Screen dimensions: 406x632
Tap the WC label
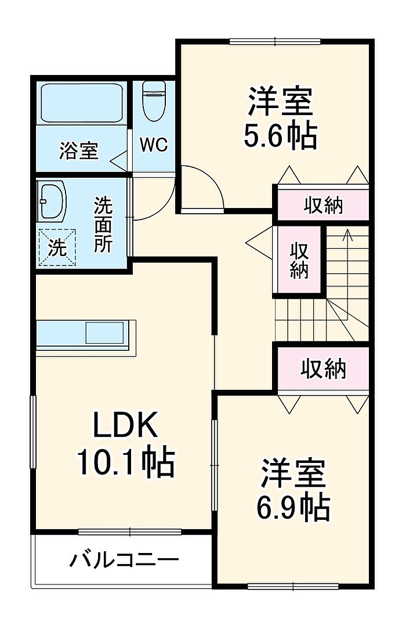[x=154, y=145]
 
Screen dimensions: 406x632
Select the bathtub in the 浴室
[x=82, y=103]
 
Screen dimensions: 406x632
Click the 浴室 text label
[x=79, y=150]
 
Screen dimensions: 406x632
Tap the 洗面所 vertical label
[x=103, y=224]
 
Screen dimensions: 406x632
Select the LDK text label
[x=125, y=425]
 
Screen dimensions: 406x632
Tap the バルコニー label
[x=124, y=560]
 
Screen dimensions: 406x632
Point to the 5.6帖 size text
[x=281, y=134]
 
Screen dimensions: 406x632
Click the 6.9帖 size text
[x=293, y=507]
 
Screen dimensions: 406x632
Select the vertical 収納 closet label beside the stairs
[x=299, y=260]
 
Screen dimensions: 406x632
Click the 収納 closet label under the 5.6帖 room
[x=323, y=206]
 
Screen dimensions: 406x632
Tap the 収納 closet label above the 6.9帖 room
[x=324, y=368]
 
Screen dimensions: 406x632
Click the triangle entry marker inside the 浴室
[x=119, y=161]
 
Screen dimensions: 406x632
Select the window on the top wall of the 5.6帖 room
[x=275, y=41]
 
